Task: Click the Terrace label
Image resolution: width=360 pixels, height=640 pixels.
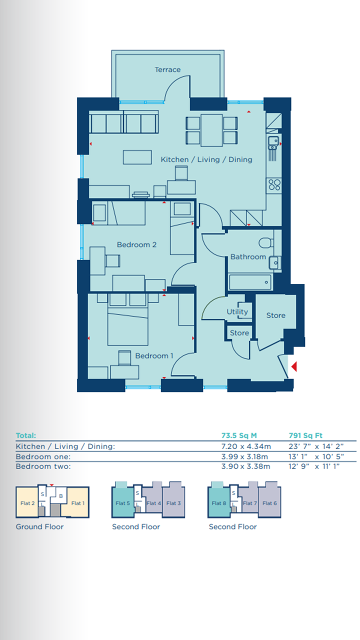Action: pyautogui.click(x=167, y=69)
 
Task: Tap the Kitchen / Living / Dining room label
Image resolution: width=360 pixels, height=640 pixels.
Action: pyautogui.click(x=206, y=159)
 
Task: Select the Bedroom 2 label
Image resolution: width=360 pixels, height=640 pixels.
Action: pyautogui.click(x=137, y=244)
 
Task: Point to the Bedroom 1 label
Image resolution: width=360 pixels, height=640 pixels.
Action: pyautogui.click(x=154, y=355)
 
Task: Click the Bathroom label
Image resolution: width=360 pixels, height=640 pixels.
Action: pyautogui.click(x=248, y=257)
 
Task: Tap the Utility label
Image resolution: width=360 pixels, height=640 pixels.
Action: pyautogui.click(x=237, y=311)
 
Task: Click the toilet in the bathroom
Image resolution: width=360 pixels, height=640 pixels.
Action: pyautogui.click(x=266, y=243)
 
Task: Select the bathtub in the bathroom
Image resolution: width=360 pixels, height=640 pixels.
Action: pyautogui.click(x=250, y=282)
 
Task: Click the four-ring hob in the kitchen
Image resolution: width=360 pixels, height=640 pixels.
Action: pyautogui.click(x=274, y=184)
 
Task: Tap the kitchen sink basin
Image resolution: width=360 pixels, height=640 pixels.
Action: pyautogui.click(x=273, y=141)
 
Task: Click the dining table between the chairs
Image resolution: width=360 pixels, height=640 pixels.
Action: pyautogui.click(x=211, y=130)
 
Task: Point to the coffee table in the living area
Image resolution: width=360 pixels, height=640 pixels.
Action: pyautogui.click(x=137, y=157)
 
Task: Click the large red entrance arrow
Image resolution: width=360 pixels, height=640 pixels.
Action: pyautogui.click(x=294, y=366)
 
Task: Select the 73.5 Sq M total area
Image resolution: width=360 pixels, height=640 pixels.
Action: pyautogui.click(x=239, y=435)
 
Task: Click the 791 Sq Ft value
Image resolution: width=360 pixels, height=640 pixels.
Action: pyautogui.click(x=305, y=435)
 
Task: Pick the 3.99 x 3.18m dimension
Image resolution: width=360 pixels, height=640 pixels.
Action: pyautogui.click(x=245, y=456)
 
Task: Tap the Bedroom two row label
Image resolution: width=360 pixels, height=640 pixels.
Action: pyautogui.click(x=43, y=466)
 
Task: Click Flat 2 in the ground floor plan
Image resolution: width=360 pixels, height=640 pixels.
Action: pyautogui.click(x=27, y=503)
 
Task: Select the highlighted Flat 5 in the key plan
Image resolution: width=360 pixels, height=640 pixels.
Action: pyautogui.click(x=123, y=503)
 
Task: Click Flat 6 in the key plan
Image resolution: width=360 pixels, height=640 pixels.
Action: pyautogui.click(x=269, y=503)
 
